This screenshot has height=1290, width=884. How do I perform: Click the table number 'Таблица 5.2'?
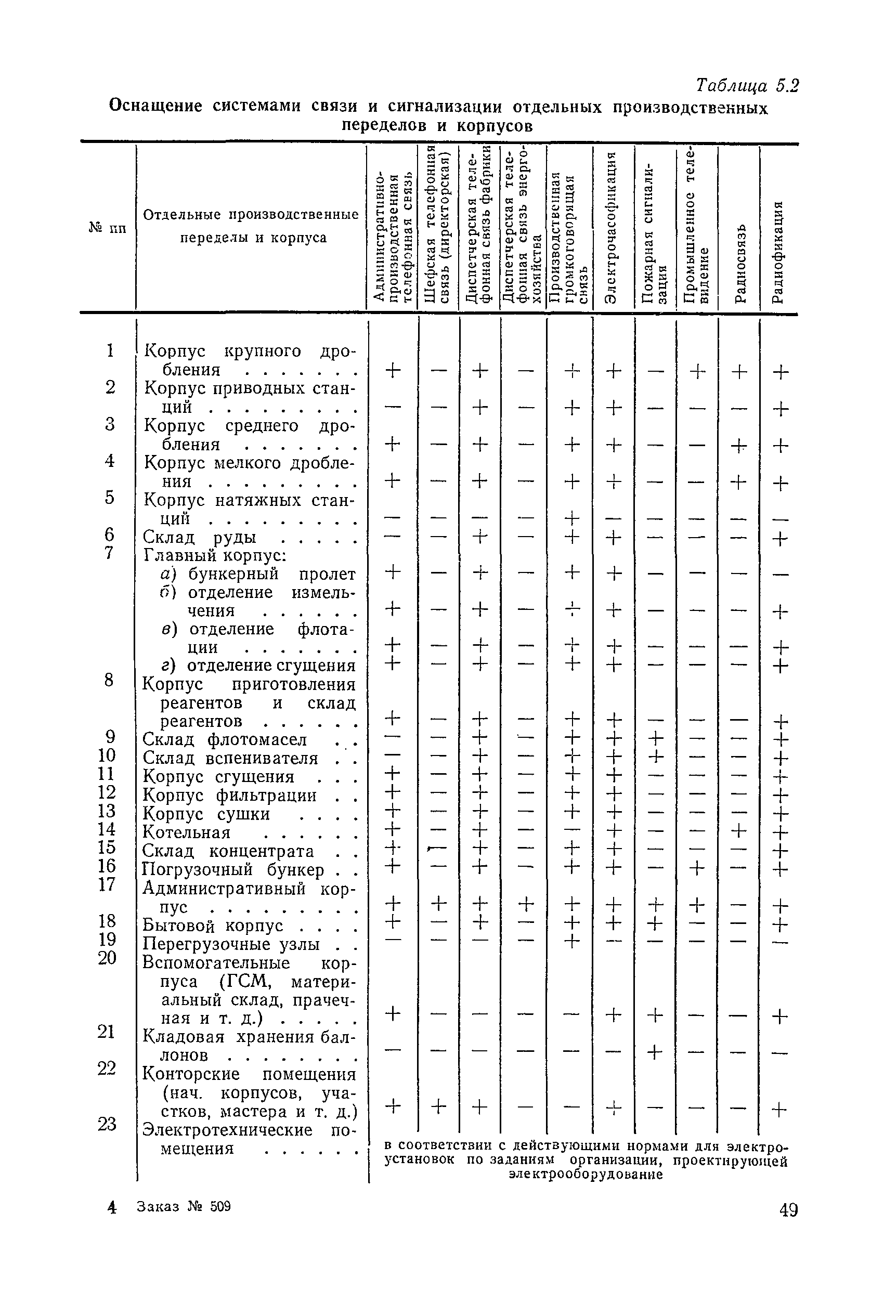tap(747, 86)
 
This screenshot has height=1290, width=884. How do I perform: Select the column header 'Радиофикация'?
tap(778, 253)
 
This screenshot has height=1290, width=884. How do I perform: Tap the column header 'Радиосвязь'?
tap(739, 264)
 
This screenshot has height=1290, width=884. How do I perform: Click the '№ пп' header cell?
tap(108, 228)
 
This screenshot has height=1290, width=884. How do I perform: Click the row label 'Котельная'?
tap(187, 832)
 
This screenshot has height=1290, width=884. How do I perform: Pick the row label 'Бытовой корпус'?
tap(213, 926)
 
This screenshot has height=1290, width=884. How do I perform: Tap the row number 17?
tap(106, 884)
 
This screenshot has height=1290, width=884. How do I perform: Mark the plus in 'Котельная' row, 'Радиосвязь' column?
tap(739, 831)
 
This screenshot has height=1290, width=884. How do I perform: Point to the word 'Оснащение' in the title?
tap(155, 105)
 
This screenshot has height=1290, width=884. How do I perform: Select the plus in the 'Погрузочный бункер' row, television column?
tap(697, 868)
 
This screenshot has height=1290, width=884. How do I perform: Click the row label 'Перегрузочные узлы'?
tap(231, 944)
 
